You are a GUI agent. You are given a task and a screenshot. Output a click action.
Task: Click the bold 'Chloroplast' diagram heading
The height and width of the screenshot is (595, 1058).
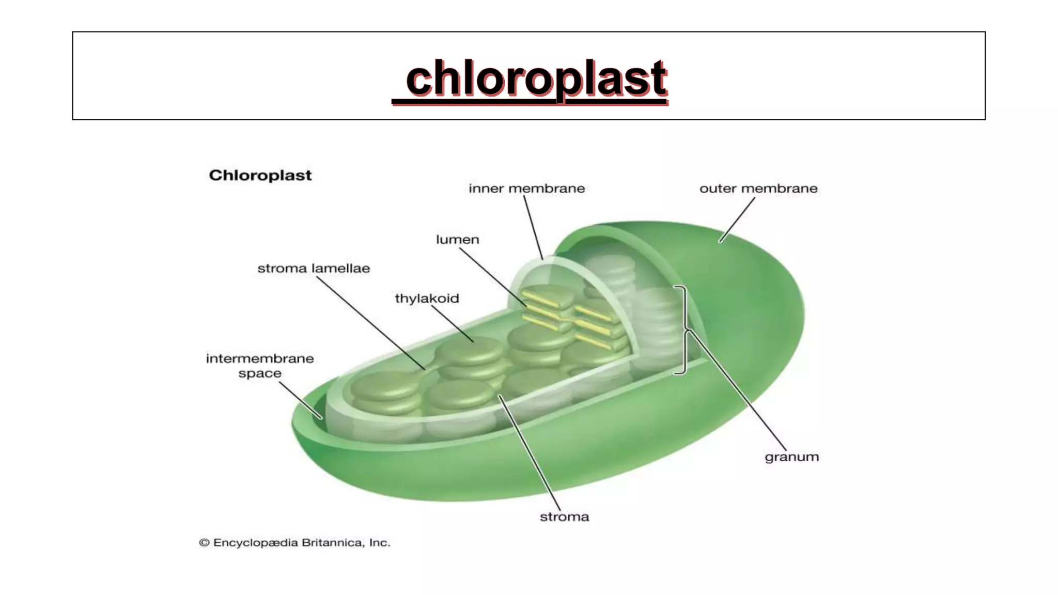pyautogui.click(x=260, y=176)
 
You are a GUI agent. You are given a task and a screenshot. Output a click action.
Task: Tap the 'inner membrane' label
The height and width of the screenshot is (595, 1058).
pyautogui.click(x=526, y=189)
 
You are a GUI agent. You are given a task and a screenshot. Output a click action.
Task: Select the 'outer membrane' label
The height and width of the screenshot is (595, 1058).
pyautogui.click(x=758, y=189)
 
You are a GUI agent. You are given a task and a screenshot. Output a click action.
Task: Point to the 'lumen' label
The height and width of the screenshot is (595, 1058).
pyautogui.click(x=457, y=240)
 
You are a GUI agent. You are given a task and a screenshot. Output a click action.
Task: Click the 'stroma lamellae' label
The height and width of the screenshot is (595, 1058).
pyautogui.click(x=314, y=269)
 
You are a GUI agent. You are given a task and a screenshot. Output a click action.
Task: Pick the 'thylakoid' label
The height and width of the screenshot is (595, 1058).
pyautogui.click(x=427, y=299)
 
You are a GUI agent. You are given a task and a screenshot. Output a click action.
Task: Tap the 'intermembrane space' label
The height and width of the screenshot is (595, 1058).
pyautogui.click(x=260, y=366)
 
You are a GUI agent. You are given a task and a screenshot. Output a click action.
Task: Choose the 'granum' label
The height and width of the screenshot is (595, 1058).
pyautogui.click(x=791, y=457)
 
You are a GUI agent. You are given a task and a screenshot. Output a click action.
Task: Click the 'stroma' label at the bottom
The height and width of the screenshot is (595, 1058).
pyautogui.click(x=564, y=517)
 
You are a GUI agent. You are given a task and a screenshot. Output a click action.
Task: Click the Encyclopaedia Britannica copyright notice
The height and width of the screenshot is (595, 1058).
pyautogui.click(x=294, y=543)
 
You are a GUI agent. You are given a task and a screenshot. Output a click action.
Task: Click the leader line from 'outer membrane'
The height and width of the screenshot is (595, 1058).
pyautogui.click(x=737, y=219)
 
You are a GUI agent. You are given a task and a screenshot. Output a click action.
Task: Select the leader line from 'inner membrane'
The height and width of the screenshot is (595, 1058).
pyautogui.click(x=533, y=227)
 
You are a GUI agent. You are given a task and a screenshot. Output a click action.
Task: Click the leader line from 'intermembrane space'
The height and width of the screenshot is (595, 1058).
pyautogui.click(x=300, y=400)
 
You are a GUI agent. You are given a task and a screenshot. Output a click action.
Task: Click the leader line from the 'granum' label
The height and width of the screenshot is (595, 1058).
pyautogui.click(x=739, y=393)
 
